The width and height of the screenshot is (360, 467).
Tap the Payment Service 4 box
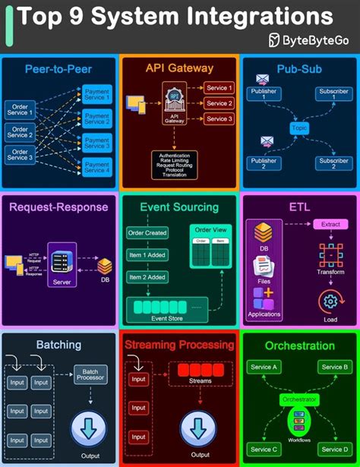click(97, 166)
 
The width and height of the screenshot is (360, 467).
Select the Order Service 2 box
click(19, 132)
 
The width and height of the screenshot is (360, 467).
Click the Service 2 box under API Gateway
click(219, 103)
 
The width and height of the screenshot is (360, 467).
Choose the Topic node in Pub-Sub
click(299, 129)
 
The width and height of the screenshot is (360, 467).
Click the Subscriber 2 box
click(333, 164)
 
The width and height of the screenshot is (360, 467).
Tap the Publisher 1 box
click(264, 94)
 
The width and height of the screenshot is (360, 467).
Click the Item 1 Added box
click(147, 254)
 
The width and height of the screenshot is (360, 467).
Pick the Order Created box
click(147, 232)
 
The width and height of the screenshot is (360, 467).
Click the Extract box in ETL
click(331, 226)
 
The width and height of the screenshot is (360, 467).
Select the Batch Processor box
click(90, 374)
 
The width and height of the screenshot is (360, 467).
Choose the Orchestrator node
click(298, 399)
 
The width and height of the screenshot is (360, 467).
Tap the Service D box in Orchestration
click(332, 450)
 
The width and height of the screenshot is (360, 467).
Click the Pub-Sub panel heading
click(299, 68)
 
